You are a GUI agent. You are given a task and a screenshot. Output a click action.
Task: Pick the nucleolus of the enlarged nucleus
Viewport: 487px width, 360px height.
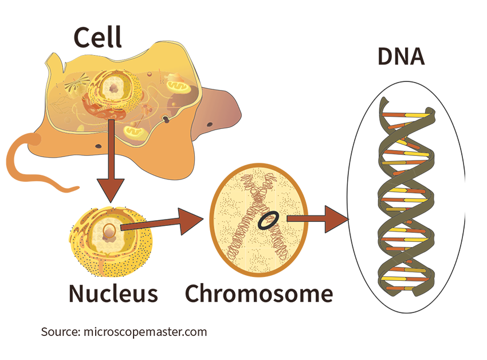click(107, 232)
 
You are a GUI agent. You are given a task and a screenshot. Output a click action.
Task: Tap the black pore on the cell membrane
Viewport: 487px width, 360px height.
click(166, 119)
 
